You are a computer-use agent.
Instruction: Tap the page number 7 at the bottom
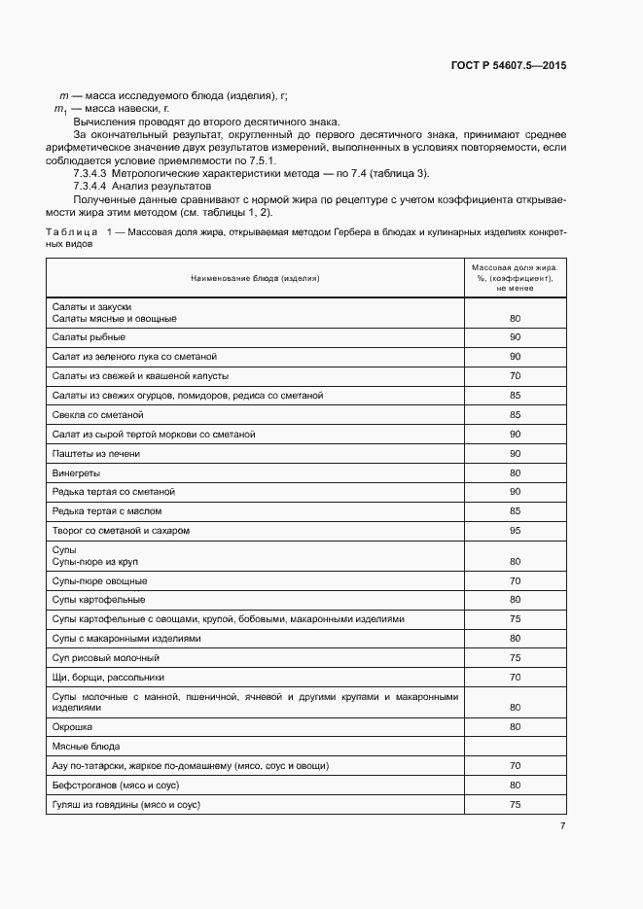563,826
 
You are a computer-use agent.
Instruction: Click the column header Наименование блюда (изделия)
255,278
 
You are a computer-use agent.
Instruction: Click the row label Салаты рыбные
89,336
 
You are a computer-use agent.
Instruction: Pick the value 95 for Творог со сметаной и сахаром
515,531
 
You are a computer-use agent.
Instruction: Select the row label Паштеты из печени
96,453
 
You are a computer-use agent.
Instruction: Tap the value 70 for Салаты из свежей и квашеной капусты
515,375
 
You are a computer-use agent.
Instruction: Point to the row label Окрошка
73,726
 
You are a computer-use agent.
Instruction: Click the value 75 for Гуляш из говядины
515,804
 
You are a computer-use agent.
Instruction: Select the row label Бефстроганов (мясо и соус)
116,785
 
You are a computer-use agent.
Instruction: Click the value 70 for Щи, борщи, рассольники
515,677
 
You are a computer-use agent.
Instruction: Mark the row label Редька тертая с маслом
107,510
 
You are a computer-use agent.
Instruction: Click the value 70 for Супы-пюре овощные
515,580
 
